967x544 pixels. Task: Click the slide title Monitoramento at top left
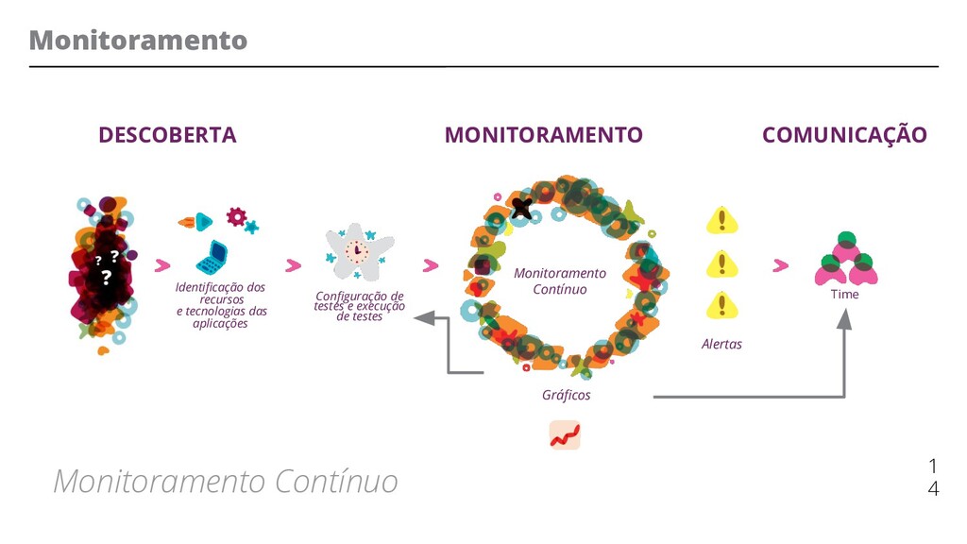point(138,41)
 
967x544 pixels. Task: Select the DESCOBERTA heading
point(167,135)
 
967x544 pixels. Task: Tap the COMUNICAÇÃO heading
point(844,135)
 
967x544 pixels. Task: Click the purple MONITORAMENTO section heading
point(543,135)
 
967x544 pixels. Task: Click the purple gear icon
point(236,217)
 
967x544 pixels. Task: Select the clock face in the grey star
point(357,251)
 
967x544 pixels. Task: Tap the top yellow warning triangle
point(722,221)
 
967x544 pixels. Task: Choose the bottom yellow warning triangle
point(722,305)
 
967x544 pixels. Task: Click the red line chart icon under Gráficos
point(565,435)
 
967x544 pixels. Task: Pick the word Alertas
point(721,345)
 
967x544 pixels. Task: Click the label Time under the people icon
point(844,295)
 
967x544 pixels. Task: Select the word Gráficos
point(566,395)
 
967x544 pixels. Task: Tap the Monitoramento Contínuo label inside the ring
point(560,281)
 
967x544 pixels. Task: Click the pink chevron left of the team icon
point(780,266)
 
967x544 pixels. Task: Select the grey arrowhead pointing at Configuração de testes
point(420,318)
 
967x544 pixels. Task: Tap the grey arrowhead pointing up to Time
point(844,318)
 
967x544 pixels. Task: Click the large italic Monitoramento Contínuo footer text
point(226,482)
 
